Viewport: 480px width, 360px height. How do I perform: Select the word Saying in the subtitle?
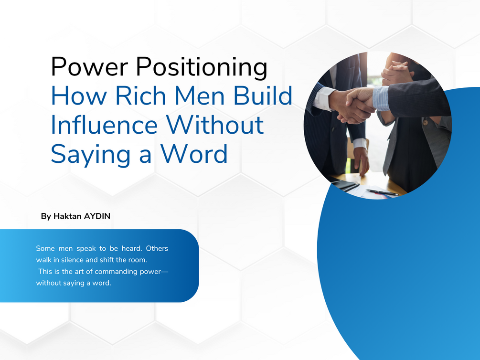(x=91, y=155)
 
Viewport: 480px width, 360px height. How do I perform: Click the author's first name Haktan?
(x=67, y=216)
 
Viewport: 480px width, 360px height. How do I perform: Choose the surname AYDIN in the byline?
(x=97, y=216)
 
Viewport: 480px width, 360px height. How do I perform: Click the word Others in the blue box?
(x=157, y=248)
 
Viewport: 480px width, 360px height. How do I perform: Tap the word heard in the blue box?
(x=132, y=248)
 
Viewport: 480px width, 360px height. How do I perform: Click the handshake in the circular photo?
(x=355, y=105)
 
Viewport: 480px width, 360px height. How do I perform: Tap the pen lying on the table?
(x=382, y=192)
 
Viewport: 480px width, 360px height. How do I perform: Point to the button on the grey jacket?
(x=425, y=122)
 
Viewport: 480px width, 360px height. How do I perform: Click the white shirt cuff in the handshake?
(x=323, y=98)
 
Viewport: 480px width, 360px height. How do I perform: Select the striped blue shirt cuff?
(x=381, y=98)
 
